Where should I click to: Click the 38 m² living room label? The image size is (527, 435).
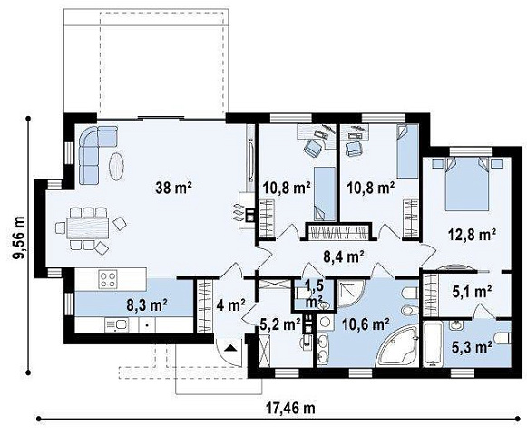coord(173,187)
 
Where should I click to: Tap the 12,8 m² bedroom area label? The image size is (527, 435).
coord(472,234)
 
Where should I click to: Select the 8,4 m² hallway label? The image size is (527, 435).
coord(343,257)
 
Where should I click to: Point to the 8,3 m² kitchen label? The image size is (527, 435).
coord(147,305)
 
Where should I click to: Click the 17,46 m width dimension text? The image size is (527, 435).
coord(291,408)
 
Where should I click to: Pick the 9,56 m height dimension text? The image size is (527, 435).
coord(19,237)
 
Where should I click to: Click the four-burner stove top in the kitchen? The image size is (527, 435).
coord(108,279)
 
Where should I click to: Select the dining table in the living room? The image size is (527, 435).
coord(88,228)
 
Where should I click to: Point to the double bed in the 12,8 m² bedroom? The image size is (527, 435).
coord(466,183)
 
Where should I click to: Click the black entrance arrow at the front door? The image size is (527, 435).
coord(230,347)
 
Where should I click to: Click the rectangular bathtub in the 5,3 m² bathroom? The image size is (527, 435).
coord(433,343)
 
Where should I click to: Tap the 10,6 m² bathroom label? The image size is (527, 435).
coord(366,324)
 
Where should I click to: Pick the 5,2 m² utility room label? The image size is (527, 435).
coord(280,324)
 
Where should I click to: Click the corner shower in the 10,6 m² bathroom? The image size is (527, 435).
coord(350,293)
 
